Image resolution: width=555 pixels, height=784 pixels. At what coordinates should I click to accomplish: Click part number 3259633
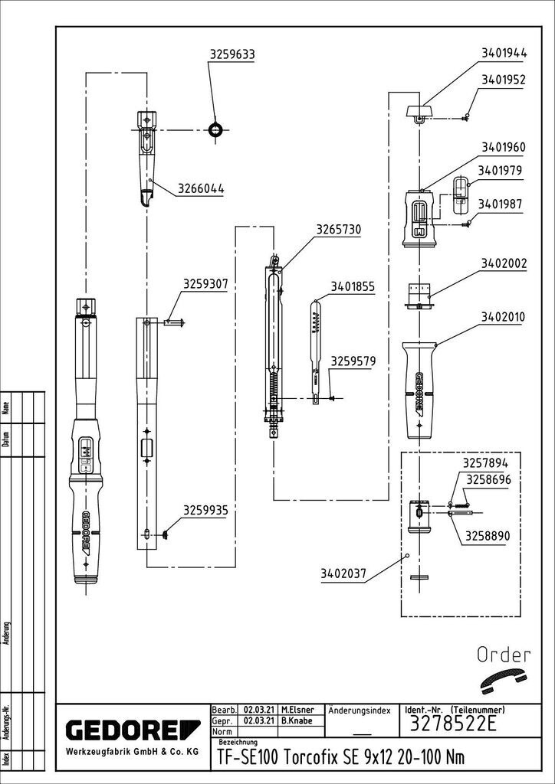click(232, 54)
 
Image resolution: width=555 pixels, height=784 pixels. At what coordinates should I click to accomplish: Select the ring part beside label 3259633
click(216, 129)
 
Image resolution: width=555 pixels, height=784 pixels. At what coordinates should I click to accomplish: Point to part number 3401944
click(504, 54)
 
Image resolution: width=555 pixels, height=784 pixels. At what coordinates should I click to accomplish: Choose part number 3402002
click(504, 263)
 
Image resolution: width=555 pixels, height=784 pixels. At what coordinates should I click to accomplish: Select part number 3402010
click(503, 317)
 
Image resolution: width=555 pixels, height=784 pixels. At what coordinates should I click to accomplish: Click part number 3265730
click(338, 229)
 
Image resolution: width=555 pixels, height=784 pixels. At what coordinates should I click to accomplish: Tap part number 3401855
click(353, 287)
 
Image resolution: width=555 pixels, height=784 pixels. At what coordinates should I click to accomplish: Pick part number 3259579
click(353, 361)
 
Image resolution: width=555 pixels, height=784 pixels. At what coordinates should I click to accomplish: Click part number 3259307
click(205, 285)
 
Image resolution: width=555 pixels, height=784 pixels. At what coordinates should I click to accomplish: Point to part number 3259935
click(205, 508)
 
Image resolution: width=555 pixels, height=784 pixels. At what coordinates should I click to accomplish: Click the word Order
click(504, 655)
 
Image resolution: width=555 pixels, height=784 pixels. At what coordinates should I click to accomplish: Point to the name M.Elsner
click(297, 710)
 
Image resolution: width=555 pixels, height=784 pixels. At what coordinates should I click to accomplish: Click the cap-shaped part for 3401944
click(419, 112)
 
